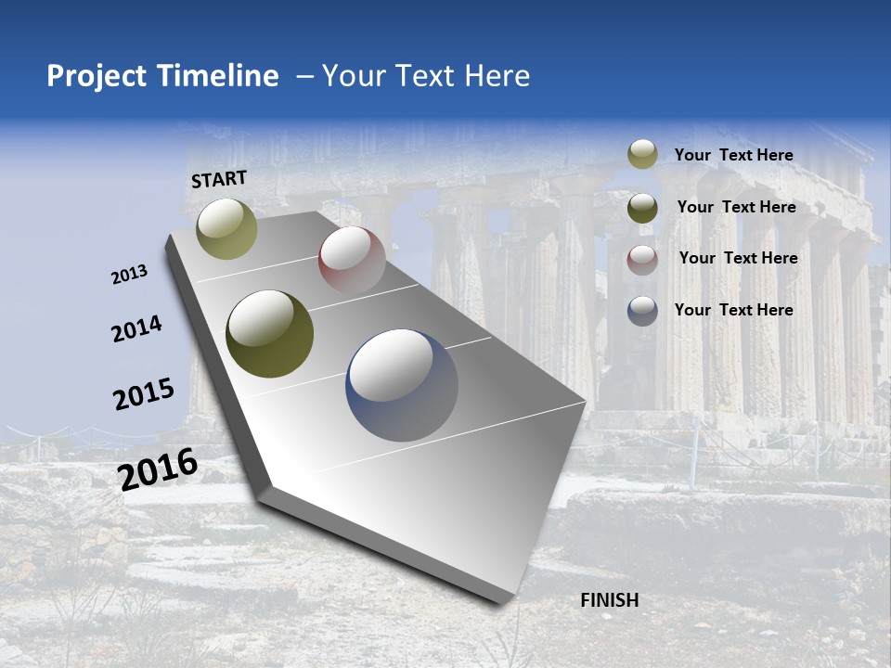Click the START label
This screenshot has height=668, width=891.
pyautogui.click(x=219, y=179)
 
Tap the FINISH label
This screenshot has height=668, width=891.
pyautogui.click(x=609, y=600)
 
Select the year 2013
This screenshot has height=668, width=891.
pyautogui.click(x=129, y=275)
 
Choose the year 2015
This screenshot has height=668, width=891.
pyautogui.click(x=143, y=394)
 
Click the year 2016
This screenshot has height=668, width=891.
pyautogui.click(x=158, y=469)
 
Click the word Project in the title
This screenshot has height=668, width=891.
pyautogui.click(x=97, y=76)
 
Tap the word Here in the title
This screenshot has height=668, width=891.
pyautogui.click(x=497, y=76)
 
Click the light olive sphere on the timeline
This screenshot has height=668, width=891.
pyautogui.click(x=227, y=228)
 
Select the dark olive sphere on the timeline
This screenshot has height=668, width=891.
pyautogui.click(x=270, y=334)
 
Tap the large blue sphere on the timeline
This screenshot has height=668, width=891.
pyautogui.click(x=402, y=385)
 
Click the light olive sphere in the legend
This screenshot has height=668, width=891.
pyautogui.click(x=642, y=155)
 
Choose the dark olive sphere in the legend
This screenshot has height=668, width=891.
pyautogui.click(x=642, y=208)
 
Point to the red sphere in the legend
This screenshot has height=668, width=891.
pyautogui.click(x=642, y=260)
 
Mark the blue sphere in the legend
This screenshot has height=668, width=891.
pyautogui.click(x=642, y=311)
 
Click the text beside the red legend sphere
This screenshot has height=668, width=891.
pyautogui.click(x=738, y=258)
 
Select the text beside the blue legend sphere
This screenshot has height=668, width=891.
pyautogui.click(x=733, y=310)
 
